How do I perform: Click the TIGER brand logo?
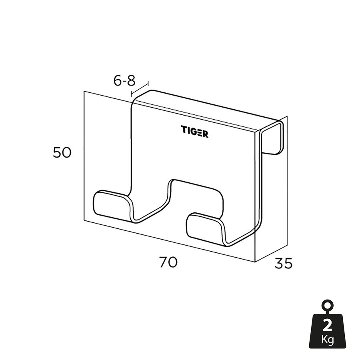(194, 132)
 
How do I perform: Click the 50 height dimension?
(62, 153)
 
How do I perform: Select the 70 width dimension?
(168, 263)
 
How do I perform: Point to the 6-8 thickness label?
(124, 81)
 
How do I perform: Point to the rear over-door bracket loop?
(274, 136)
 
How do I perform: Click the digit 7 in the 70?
(163, 263)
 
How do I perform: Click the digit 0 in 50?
(67, 153)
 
